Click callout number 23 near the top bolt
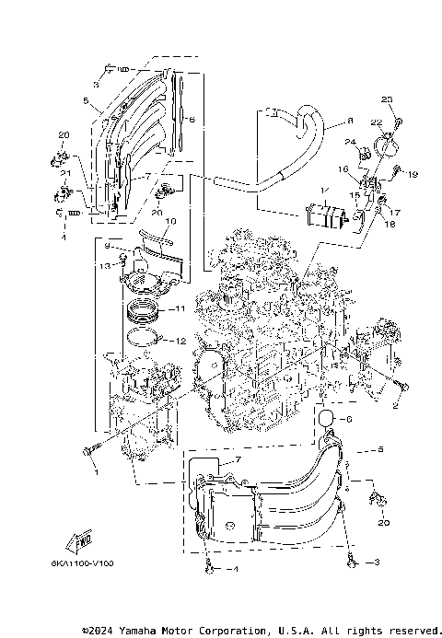coord(387,99)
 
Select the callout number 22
coord(376,122)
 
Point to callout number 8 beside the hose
coord(350,121)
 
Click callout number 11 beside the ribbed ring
coord(180,309)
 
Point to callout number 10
coord(170,222)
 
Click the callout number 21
coord(65,173)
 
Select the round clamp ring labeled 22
coord(386,145)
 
